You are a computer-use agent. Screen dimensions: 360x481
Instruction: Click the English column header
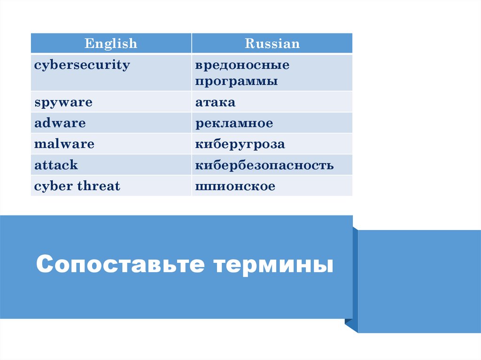111,44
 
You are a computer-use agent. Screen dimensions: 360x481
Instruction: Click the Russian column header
272,44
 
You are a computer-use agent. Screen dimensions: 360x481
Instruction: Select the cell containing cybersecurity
82,65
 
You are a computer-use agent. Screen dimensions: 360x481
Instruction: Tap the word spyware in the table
63,102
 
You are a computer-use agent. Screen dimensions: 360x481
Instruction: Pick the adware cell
60,123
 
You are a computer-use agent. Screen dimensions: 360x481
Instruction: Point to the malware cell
64,144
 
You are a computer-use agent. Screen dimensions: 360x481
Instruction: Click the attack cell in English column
56,165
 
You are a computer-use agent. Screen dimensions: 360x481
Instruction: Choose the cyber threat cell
77,186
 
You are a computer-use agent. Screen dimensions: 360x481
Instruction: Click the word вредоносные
242,65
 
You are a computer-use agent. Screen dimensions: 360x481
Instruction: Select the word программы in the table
237,81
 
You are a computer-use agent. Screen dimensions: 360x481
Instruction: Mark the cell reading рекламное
234,123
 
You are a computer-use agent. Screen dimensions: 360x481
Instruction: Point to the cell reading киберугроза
240,144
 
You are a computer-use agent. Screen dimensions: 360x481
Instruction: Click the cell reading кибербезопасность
264,165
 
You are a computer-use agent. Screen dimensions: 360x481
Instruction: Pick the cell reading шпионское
235,186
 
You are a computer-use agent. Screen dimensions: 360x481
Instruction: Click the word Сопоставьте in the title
120,265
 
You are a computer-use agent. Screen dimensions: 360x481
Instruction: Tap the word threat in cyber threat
99,186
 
